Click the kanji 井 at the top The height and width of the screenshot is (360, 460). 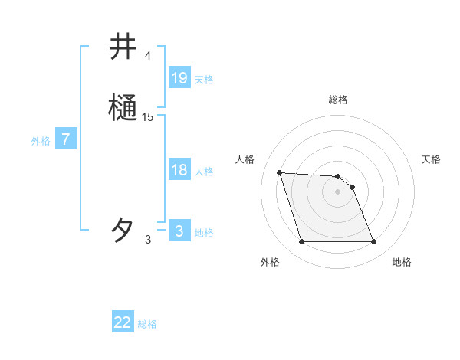tap(123, 47)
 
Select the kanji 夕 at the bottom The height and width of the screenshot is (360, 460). tap(123, 230)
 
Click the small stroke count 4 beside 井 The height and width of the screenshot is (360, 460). tap(147, 56)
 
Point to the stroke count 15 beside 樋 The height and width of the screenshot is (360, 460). tap(148, 116)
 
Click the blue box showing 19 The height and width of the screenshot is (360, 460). tap(179, 78)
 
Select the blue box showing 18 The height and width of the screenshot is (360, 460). tap(179, 170)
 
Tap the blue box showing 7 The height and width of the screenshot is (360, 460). tap(66, 139)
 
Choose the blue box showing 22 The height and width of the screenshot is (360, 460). tap(123, 322)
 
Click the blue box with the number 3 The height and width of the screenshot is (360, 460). tap(179, 231)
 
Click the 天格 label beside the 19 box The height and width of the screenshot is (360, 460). tap(204, 80)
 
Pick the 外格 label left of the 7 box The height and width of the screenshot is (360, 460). tap(41, 141)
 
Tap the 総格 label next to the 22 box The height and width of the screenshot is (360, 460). tap(147, 324)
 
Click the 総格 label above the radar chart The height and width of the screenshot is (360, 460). tap(337, 100)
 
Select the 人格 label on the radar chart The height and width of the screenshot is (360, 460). tap(245, 159)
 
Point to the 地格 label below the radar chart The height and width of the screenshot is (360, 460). tap(402, 263)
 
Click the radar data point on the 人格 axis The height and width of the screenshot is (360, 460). tap(279, 172)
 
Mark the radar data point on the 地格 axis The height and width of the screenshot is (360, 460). tap(373, 242)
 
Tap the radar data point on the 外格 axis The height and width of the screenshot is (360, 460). tap(301, 242)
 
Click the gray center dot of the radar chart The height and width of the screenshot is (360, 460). tap(337, 191)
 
